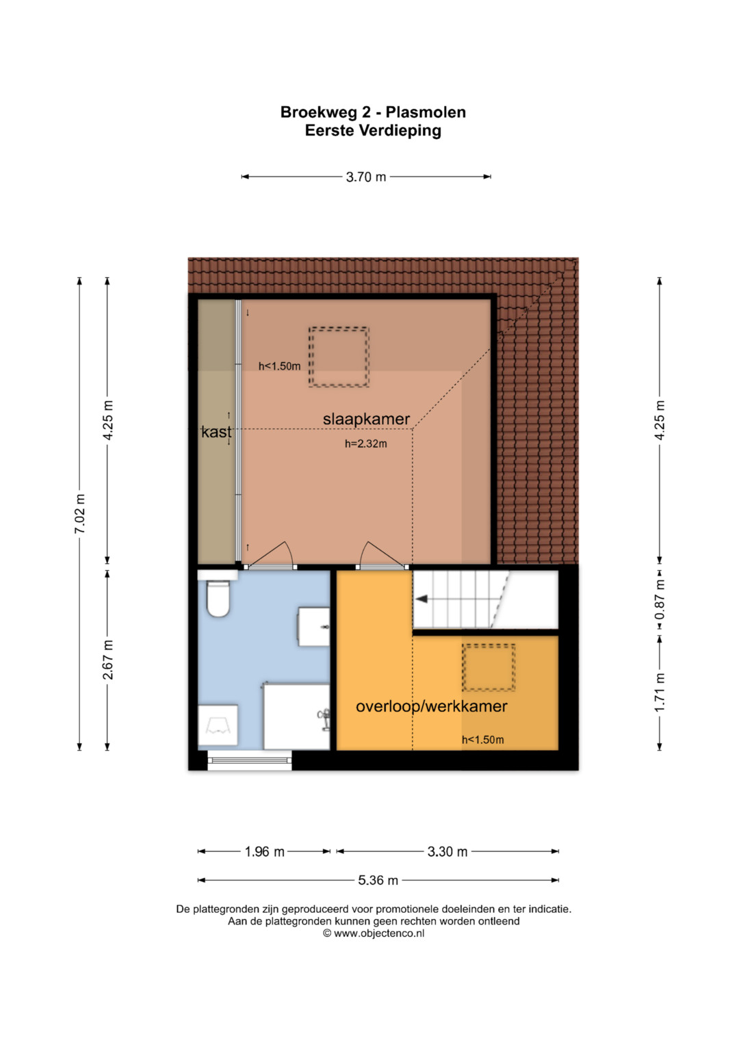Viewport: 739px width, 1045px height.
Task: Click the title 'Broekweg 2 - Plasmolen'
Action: tap(373, 112)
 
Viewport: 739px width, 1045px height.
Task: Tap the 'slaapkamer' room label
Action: tap(366, 419)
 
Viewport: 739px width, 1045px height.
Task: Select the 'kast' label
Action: tap(216, 432)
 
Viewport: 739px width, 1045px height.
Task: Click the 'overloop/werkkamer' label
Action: tap(431, 706)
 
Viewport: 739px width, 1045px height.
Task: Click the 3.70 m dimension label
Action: tap(366, 177)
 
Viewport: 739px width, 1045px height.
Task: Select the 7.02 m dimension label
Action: tap(80, 513)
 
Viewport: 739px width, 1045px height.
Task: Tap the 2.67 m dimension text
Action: tap(108, 660)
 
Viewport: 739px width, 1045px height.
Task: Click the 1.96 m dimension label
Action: tap(265, 852)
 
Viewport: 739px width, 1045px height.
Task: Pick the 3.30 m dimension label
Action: tap(448, 852)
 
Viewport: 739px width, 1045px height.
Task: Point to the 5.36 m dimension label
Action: tap(378, 880)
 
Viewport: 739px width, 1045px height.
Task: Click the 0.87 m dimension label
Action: tap(660, 599)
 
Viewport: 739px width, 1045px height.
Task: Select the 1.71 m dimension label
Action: tap(660, 693)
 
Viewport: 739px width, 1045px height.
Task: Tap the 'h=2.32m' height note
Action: tap(366, 443)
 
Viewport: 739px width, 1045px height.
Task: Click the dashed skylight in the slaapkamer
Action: tap(339, 357)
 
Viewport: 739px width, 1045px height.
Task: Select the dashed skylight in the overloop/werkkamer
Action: tap(489, 667)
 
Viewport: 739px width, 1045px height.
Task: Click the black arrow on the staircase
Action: tap(422, 599)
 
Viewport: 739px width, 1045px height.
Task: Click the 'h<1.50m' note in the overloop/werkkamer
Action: tap(482, 739)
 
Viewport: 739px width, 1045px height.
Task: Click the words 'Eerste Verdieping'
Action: tap(373, 131)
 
